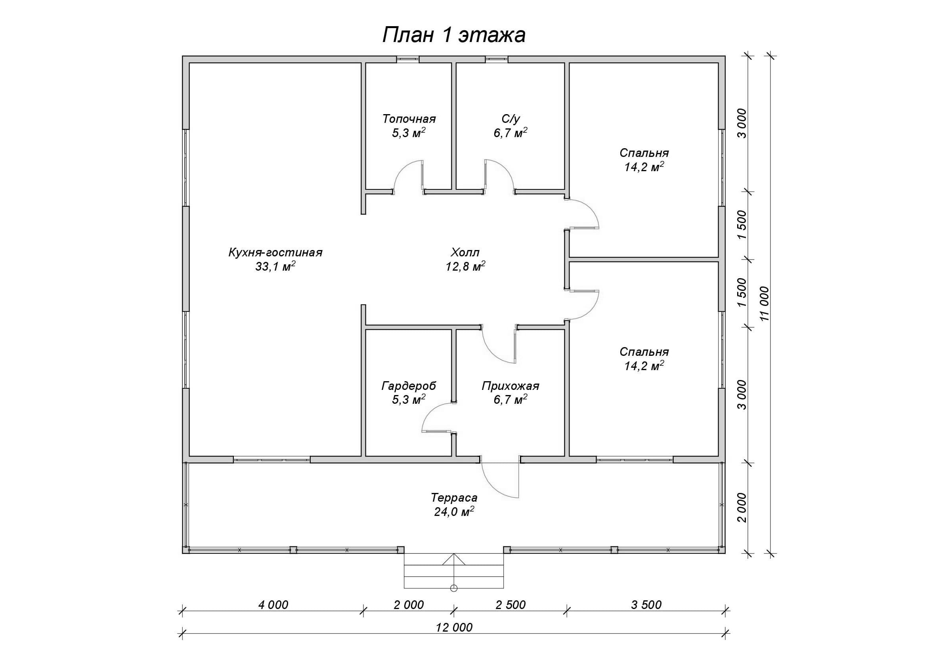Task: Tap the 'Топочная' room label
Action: (x=409, y=119)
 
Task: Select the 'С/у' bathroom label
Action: (x=510, y=119)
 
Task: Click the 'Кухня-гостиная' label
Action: (x=275, y=253)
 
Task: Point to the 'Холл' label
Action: (x=465, y=253)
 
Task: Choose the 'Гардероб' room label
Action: (x=409, y=386)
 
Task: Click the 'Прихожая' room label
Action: (x=510, y=386)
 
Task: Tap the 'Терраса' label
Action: (x=454, y=498)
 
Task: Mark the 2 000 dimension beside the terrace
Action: (x=742, y=507)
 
